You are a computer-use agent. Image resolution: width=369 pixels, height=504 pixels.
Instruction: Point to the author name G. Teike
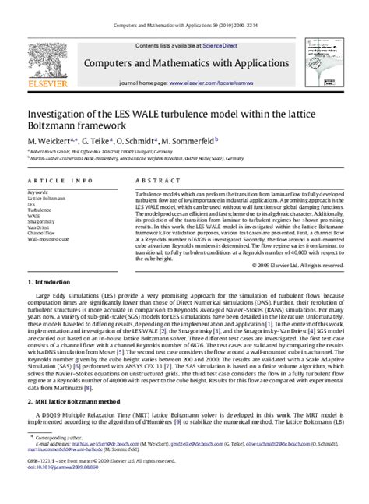pyautogui.click(x=95, y=140)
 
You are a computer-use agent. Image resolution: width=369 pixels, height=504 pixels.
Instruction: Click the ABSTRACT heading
pyautogui.click(x=153, y=180)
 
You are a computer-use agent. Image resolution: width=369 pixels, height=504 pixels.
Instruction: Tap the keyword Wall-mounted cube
pyautogui.click(x=50, y=241)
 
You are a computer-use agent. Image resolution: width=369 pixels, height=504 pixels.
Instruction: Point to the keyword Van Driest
pyautogui.click(x=40, y=228)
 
